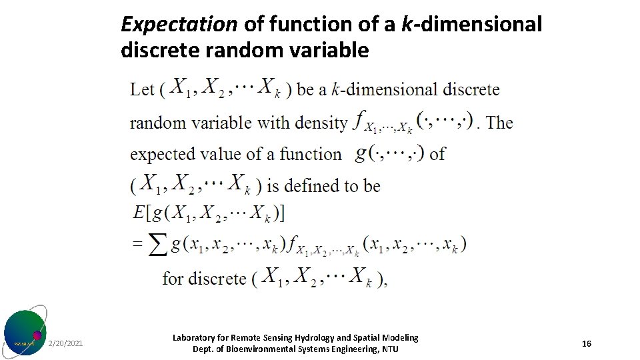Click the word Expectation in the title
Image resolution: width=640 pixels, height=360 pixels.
click(x=179, y=25)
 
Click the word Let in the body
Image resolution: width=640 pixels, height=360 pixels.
click(x=142, y=89)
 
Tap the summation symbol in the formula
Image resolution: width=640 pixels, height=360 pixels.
click(x=157, y=245)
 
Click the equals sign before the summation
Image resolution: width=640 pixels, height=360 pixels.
click(x=137, y=245)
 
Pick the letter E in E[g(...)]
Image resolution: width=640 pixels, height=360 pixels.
click(x=139, y=213)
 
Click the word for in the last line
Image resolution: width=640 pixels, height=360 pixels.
click(x=173, y=277)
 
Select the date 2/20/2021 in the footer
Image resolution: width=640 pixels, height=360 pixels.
click(x=65, y=343)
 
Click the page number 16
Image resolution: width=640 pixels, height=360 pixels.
click(x=587, y=343)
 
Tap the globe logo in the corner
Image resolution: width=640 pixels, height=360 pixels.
click(x=25, y=331)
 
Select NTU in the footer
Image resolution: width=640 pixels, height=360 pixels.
click(x=389, y=349)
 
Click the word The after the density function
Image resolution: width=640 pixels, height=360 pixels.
click(x=499, y=123)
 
